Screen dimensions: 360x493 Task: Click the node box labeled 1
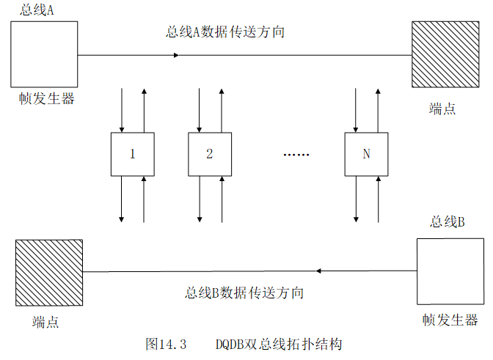tap(133, 154)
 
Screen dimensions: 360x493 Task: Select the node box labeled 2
tap(210, 154)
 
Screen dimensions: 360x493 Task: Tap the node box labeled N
tap(366, 154)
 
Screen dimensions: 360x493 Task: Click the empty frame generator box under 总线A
tap(44, 54)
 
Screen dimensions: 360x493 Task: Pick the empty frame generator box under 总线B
tap(450, 271)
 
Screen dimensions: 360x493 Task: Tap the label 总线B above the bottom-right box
tap(448, 222)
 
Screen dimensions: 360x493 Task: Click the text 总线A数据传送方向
tap(225, 32)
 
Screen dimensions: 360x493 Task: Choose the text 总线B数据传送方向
tap(244, 293)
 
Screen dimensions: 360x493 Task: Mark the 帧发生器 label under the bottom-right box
tap(450, 320)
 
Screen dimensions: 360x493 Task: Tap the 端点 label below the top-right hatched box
tap(442, 109)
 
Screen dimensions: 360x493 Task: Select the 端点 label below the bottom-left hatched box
tap(45, 322)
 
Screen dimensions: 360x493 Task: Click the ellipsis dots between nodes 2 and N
tap(296, 155)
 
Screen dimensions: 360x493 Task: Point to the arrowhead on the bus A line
tap(175, 55)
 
